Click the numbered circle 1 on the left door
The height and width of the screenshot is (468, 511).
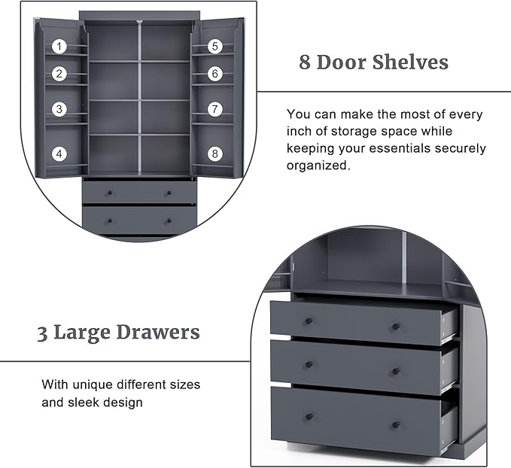(59, 47)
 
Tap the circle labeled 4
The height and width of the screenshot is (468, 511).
(59, 153)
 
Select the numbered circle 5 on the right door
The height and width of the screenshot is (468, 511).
(214, 47)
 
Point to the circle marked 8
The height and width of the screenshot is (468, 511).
(214, 153)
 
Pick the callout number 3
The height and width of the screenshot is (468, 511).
(59, 109)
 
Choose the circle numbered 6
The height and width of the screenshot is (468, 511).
(214, 74)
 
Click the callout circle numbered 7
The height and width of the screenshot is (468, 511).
(214, 109)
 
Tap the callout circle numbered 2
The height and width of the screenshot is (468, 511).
(59, 74)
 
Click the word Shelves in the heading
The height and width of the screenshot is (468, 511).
(410, 62)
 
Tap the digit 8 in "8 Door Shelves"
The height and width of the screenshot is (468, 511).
(305, 62)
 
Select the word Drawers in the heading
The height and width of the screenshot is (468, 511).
(158, 332)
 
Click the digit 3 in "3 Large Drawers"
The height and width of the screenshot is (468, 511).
(42, 333)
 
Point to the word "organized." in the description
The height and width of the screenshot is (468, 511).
(318, 166)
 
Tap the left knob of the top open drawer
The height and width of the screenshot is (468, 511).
(309, 322)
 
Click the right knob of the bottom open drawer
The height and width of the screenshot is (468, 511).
(396, 425)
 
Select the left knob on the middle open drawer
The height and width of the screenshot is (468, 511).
(309, 365)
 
